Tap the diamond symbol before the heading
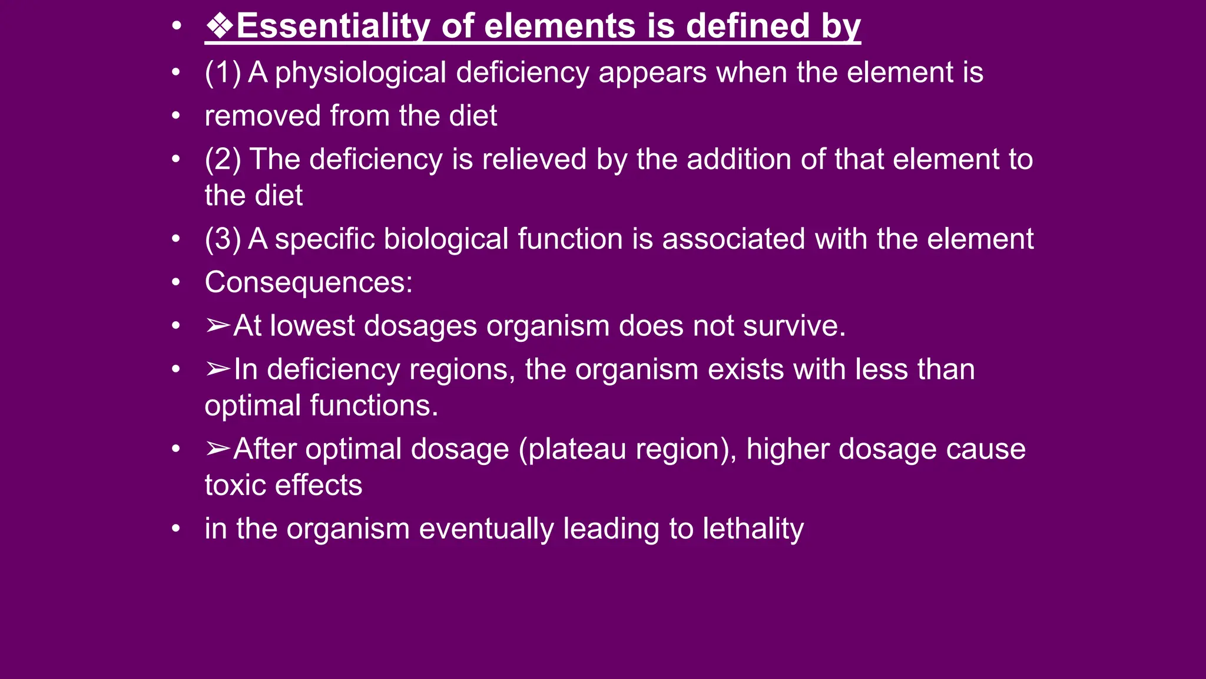220,27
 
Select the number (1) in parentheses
223,72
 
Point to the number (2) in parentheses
223,160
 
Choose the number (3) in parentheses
223,239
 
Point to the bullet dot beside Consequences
175,282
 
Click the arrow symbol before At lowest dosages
218,325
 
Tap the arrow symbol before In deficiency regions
218,369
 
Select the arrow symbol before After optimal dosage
218,449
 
